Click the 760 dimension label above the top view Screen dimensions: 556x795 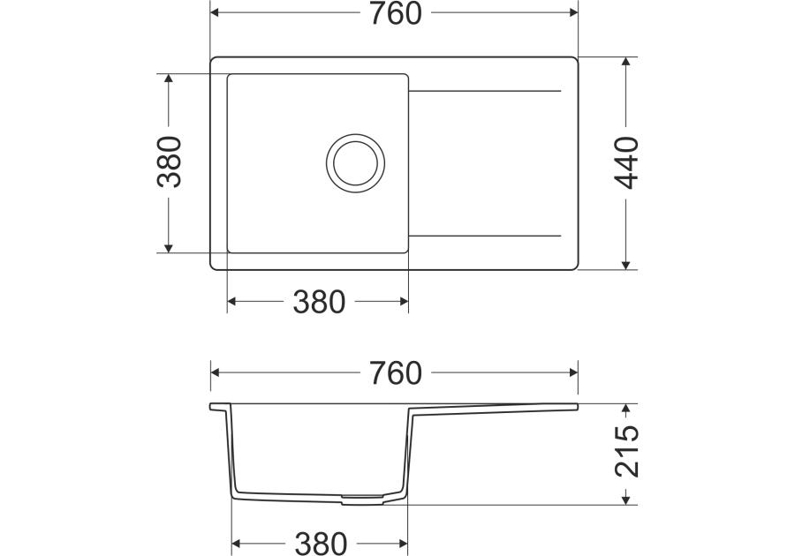[x=394, y=14]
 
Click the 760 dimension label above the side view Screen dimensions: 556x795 [x=394, y=373]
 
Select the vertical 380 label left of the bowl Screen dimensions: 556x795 [x=169, y=162]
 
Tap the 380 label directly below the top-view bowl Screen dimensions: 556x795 [x=318, y=302]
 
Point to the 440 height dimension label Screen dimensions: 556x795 [x=626, y=163]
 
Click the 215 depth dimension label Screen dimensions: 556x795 [x=626, y=452]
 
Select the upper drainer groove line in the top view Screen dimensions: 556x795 [x=485, y=91]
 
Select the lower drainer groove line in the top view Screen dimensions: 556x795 [x=485, y=236]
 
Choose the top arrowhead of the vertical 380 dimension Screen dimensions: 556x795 [x=168, y=79]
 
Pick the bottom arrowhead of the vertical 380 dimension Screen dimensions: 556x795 [x=168, y=246]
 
